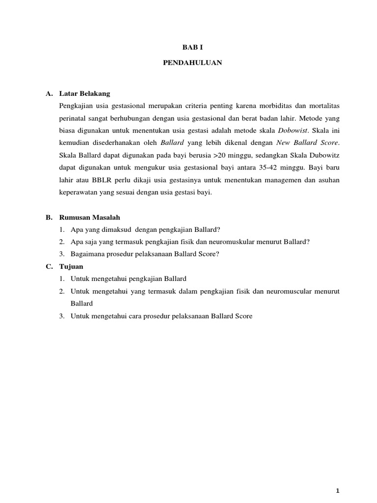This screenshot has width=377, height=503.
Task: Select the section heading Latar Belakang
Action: pos(84,93)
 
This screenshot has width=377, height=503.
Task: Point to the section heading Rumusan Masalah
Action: pos(89,217)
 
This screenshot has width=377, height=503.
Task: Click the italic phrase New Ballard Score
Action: pos(308,143)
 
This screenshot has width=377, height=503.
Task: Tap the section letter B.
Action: pos(49,217)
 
